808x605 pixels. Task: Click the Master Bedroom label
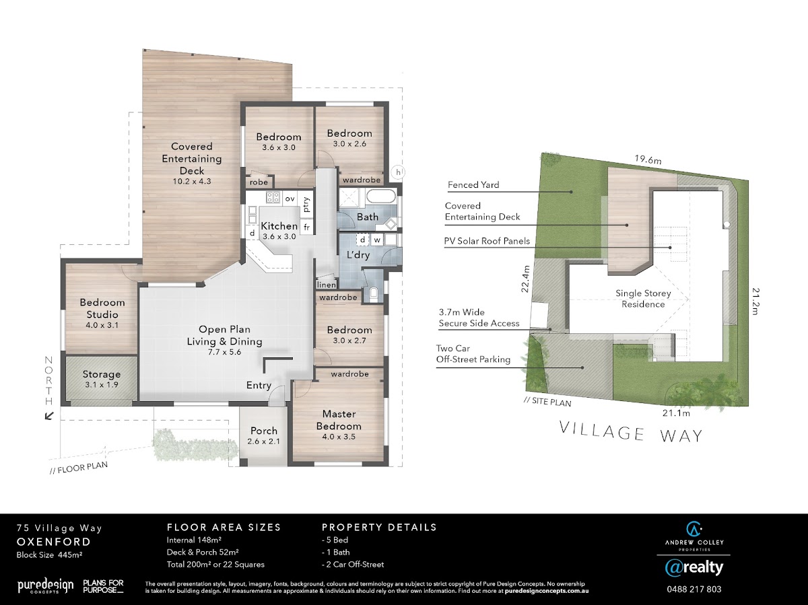[339, 420]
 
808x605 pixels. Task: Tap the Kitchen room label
[279, 226]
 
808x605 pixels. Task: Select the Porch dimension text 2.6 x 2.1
[263, 441]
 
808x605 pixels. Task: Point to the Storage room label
[102, 374]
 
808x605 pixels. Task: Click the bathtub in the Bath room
[381, 196]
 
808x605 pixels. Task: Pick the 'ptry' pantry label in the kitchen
[306, 205]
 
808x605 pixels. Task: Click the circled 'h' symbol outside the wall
[399, 172]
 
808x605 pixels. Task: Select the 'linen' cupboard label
[326, 285]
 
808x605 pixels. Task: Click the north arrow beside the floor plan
[49, 416]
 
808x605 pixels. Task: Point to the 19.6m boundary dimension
[648, 159]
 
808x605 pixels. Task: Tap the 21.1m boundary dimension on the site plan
[676, 413]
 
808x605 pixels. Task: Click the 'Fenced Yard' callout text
[473, 185]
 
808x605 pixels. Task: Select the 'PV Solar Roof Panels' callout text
[487, 242]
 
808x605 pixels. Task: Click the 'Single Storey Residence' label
[643, 299]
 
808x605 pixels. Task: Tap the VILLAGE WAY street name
[631, 433]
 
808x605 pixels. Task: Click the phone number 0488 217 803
[694, 590]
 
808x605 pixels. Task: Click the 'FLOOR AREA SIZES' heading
[224, 528]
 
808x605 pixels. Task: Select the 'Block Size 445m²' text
[49, 555]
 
